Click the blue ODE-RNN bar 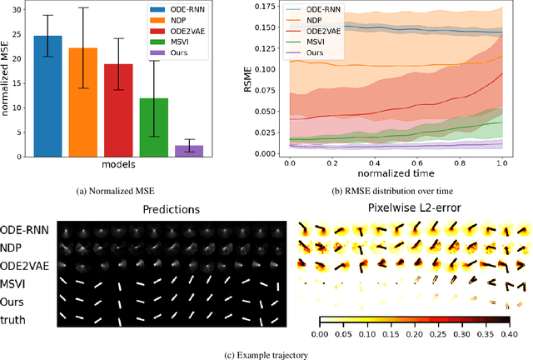pyautogui.click(x=47, y=96)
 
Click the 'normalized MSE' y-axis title pyautogui.click(x=7, y=82)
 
